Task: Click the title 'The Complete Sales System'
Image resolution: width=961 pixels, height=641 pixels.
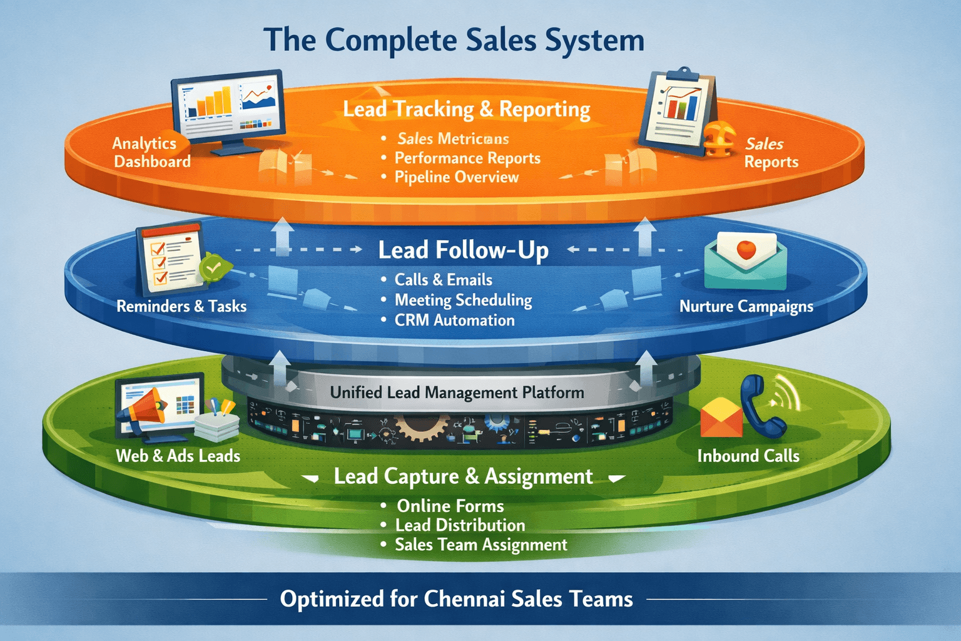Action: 454,41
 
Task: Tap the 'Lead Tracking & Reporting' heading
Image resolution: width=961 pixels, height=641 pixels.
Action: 466,110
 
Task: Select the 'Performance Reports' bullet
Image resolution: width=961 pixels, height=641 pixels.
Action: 467,158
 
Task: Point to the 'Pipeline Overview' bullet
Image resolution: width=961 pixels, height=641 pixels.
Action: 456,177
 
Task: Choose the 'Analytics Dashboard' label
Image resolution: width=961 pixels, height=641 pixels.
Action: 151,152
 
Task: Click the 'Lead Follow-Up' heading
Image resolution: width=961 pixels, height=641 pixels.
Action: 463,250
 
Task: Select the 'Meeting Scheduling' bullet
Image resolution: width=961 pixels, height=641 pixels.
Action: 463,300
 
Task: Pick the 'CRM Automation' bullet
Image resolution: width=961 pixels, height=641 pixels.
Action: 454,320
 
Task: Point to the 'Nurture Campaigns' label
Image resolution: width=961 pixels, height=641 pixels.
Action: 746,307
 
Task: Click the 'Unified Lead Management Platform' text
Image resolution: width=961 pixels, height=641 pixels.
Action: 457,393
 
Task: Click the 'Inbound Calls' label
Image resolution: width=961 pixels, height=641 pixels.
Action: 748,456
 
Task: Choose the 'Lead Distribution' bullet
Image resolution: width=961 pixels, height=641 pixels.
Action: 460,525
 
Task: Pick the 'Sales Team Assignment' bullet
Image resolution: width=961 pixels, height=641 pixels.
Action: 480,545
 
